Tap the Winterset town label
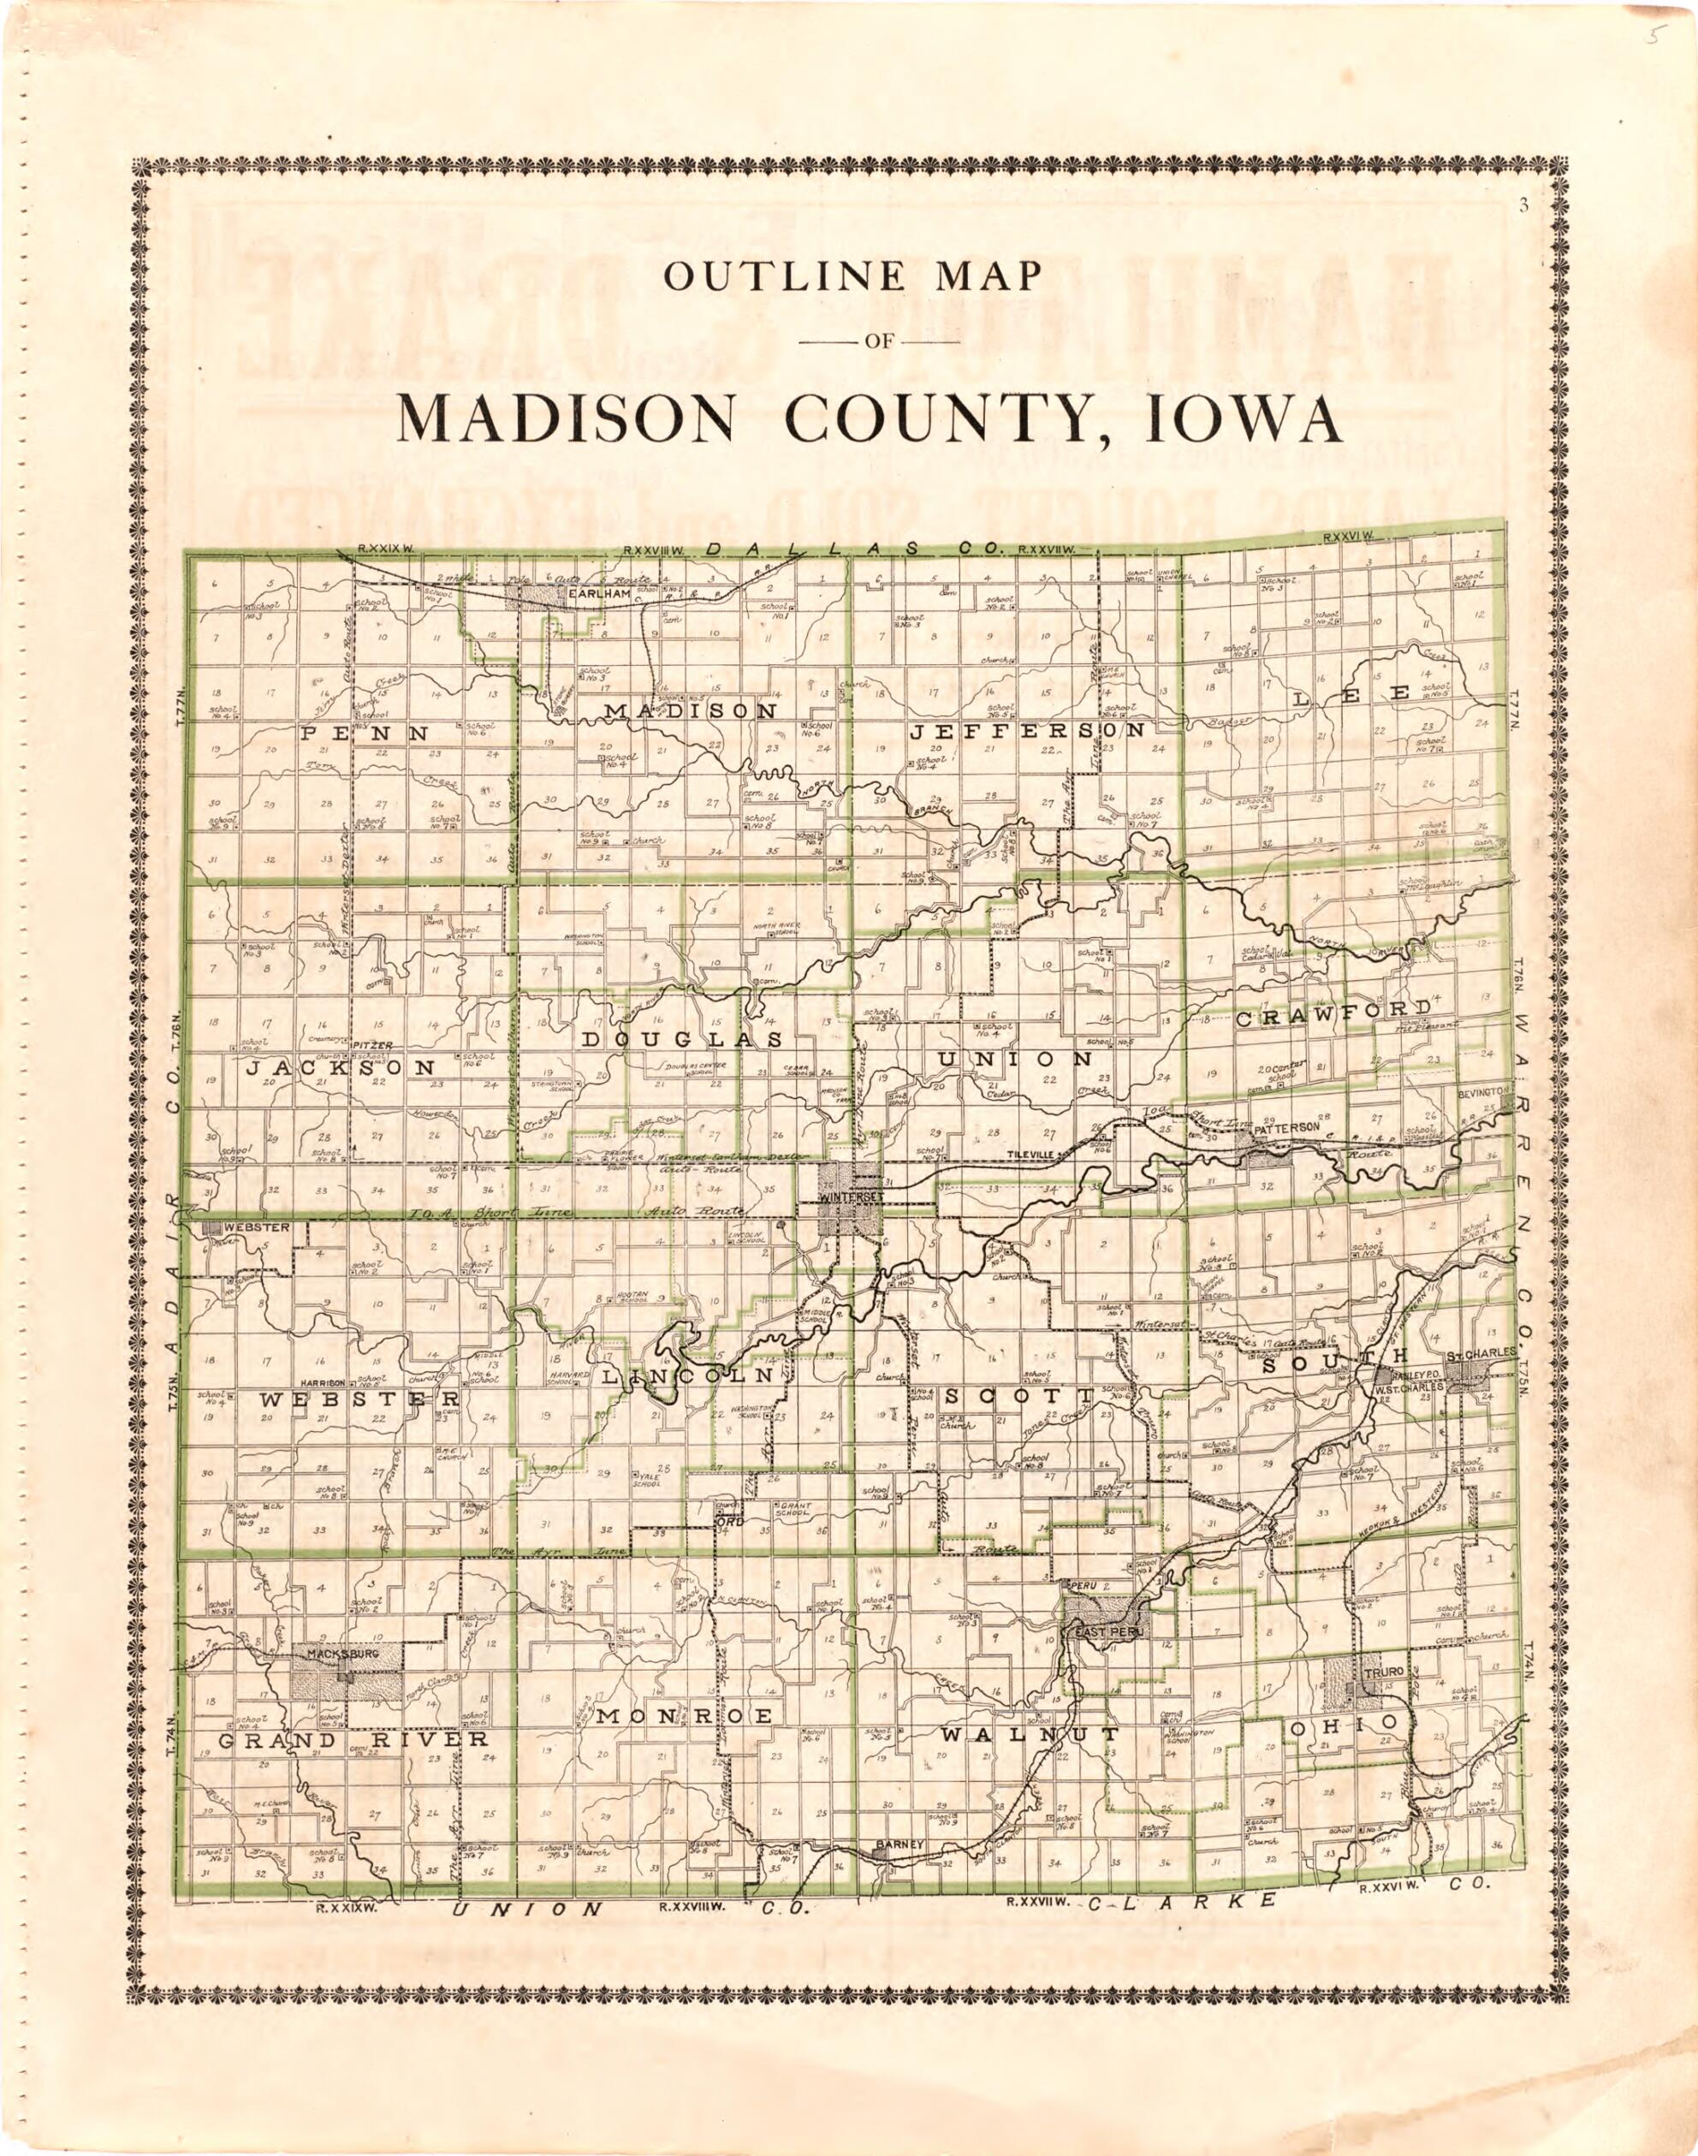849,1199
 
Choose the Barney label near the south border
899,1846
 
